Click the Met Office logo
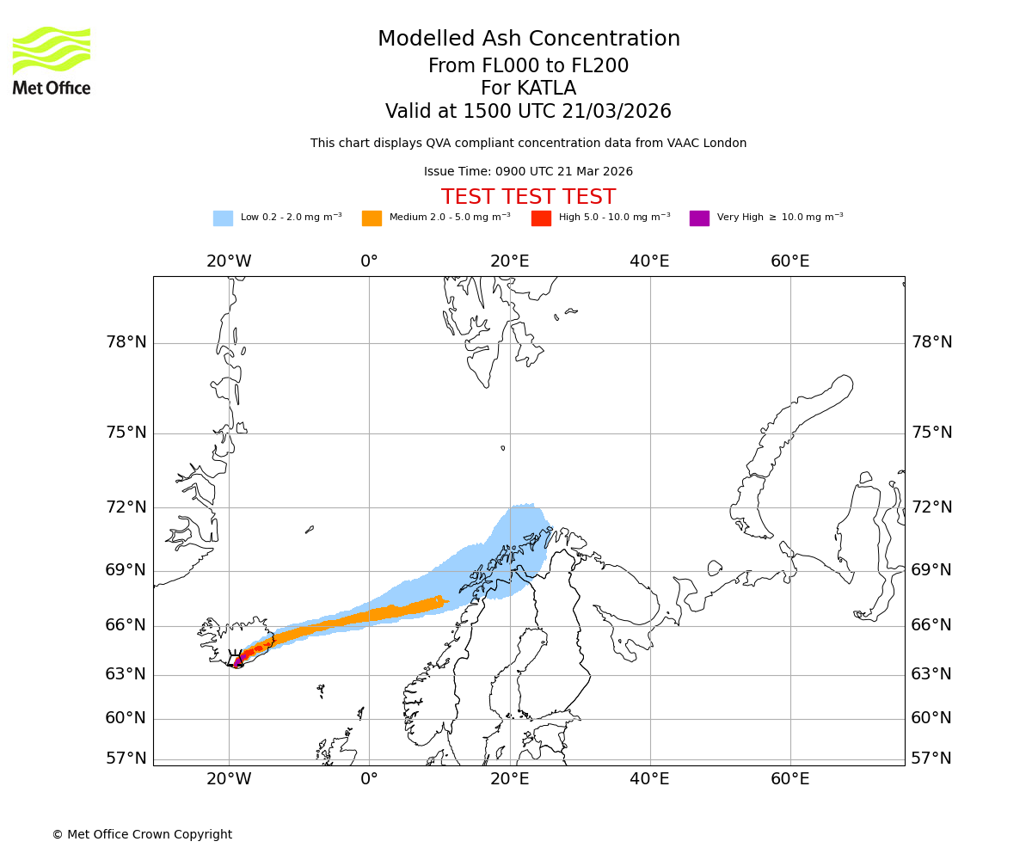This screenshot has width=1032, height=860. click(x=52, y=60)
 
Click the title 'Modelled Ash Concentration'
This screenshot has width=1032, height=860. click(x=528, y=40)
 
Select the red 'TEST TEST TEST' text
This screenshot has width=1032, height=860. click(x=528, y=197)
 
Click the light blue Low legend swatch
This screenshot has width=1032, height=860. click(x=223, y=218)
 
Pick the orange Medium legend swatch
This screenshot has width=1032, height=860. click(x=372, y=218)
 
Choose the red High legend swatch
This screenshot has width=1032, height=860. click(x=541, y=218)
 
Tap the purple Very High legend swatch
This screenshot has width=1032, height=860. click(x=699, y=218)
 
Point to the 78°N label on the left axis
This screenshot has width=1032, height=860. click(x=126, y=342)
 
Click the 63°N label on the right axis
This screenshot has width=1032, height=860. click(x=931, y=673)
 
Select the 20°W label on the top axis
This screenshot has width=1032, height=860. click(x=229, y=261)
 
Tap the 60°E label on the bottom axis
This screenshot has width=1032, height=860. click(x=789, y=779)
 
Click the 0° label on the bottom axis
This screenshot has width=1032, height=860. click(x=369, y=779)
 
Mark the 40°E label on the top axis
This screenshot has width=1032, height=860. click(x=649, y=261)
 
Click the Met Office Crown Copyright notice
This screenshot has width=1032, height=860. click(x=142, y=834)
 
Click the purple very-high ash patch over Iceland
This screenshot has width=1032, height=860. click(x=238, y=661)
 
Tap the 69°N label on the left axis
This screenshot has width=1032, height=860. click(x=126, y=570)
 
